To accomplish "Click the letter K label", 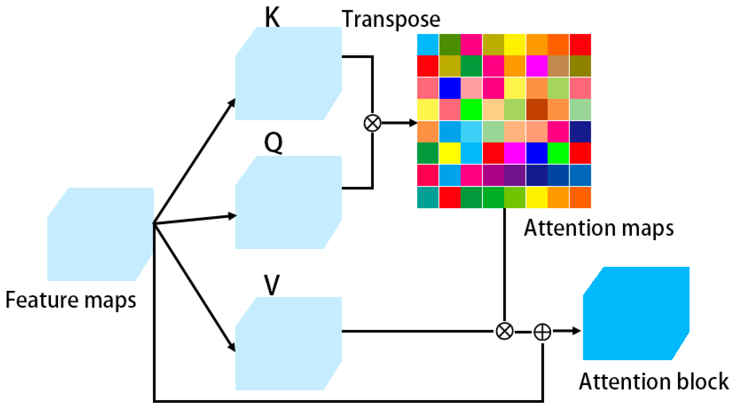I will pyautogui.click(x=272, y=17).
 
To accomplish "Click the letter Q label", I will pyautogui.click(x=273, y=143).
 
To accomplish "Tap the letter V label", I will pyautogui.click(x=272, y=285).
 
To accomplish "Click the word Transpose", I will pyautogui.click(x=391, y=19).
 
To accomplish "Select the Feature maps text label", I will pyautogui.click(x=71, y=300).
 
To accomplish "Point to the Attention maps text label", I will pyautogui.click(x=598, y=228).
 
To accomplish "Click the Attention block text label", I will pyautogui.click(x=653, y=382).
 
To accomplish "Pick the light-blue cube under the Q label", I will pyautogui.click(x=288, y=203).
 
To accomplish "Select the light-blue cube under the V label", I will pyautogui.click(x=288, y=344).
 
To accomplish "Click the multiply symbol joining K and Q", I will pyautogui.click(x=372, y=123).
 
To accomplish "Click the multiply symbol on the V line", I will pyautogui.click(x=504, y=331).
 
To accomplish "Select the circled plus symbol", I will pyautogui.click(x=542, y=332).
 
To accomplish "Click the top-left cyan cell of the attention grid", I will pyautogui.click(x=428, y=44).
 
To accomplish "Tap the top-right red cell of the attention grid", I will pyautogui.click(x=580, y=44).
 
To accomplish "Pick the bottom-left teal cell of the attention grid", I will pyautogui.click(x=428, y=197).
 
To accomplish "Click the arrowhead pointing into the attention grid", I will pyautogui.click(x=413, y=123).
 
